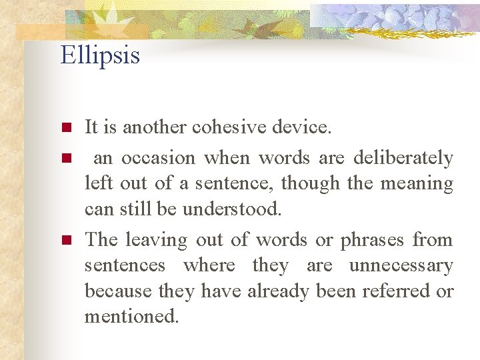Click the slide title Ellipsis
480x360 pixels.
100,55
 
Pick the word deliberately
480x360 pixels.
403,159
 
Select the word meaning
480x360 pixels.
417,184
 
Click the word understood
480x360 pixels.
233,209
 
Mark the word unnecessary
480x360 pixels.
401,266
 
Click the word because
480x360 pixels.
117,291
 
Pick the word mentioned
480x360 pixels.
131,317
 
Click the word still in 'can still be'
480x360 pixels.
134,209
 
